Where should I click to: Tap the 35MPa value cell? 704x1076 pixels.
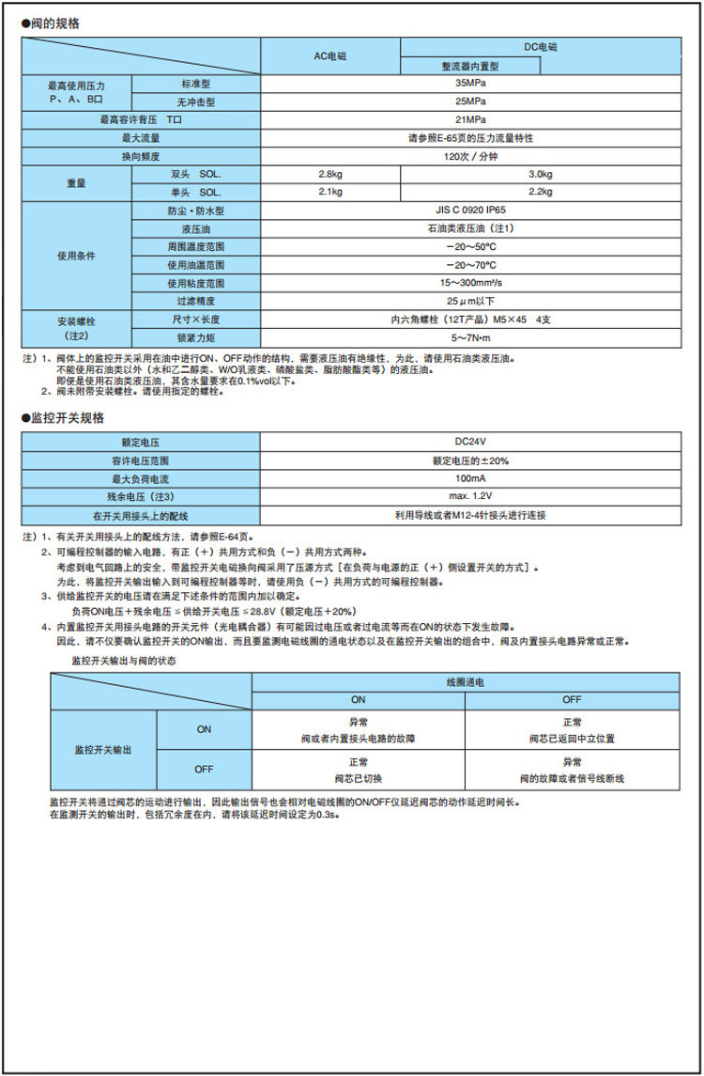(x=470, y=83)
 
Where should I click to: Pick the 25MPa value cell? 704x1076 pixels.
(x=470, y=101)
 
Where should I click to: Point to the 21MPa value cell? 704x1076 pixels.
(x=470, y=119)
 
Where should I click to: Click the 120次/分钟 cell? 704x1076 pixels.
(x=470, y=156)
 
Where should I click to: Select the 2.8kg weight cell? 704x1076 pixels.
(x=331, y=175)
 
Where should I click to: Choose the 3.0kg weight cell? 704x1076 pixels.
(x=540, y=175)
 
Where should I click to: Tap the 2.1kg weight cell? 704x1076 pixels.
(x=331, y=192)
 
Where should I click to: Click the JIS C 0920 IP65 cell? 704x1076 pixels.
(x=470, y=211)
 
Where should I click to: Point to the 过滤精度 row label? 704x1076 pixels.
(x=196, y=301)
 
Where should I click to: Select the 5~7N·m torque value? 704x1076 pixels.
(x=470, y=336)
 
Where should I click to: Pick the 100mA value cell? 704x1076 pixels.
(x=470, y=478)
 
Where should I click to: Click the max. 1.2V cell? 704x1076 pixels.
(x=470, y=496)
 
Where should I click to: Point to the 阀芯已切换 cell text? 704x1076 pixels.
(x=358, y=779)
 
